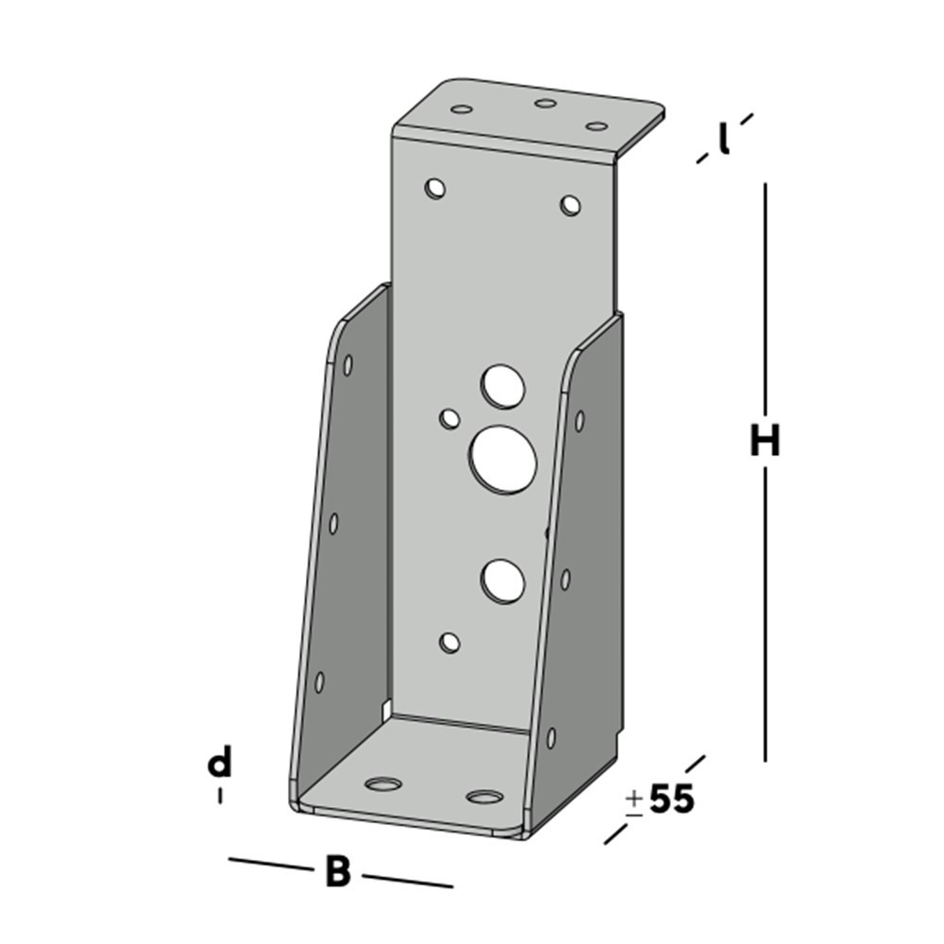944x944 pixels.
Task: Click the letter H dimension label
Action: pyautogui.click(x=765, y=441)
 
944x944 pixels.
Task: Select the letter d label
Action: pyautogui.click(x=220, y=763)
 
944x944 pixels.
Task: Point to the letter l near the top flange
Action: pyautogui.click(x=723, y=140)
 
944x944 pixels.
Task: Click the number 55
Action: pyautogui.click(x=672, y=800)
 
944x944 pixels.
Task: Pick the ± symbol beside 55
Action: pyautogui.click(x=634, y=801)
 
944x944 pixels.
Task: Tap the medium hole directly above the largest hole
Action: pyautogui.click(x=501, y=385)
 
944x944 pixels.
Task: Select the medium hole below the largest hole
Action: pyautogui.click(x=502, y=580)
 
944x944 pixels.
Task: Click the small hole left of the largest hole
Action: pyautogui.click(x=450, y=417)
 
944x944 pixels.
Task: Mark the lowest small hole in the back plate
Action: pyautogui.click(x=450, y=644)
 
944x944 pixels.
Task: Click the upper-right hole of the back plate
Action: pyautogui.click(x=570, y=204)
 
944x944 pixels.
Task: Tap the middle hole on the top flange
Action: pyautogui.click(x=545, y=103)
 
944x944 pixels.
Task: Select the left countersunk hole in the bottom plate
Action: pyautogui.click(x=383, y=784)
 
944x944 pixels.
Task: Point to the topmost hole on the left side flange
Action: pyautogui.click(x=348, y=364)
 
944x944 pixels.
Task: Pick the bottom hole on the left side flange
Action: pyautogui.click(x=319, y=681)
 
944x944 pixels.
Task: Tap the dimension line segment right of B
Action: pyautogui.click(x=408, y=880)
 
